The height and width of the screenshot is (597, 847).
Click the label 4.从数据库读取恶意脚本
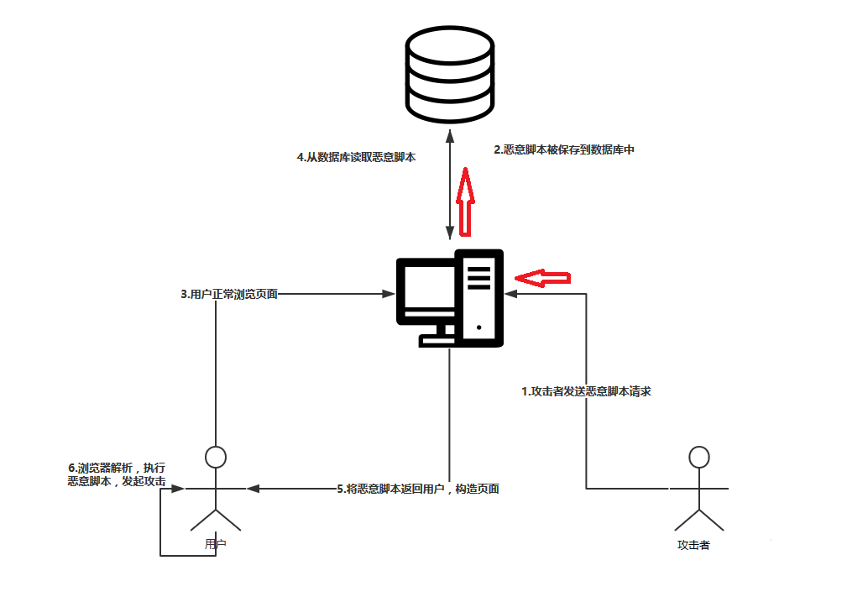(356, 157)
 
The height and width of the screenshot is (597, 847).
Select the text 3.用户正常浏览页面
(229, 294)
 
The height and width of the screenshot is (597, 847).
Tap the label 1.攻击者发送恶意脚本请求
(586, 390)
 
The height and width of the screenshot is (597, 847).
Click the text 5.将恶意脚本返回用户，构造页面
(417, 488)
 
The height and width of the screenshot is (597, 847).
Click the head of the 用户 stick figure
(217, 458)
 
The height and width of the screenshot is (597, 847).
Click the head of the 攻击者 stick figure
(698, 458)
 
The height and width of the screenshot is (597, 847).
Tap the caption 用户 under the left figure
(216, 544)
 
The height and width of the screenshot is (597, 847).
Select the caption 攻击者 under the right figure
(693, 545)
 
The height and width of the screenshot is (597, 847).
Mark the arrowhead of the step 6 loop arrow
(178, 488)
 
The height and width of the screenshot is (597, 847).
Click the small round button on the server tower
(478, 327)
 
